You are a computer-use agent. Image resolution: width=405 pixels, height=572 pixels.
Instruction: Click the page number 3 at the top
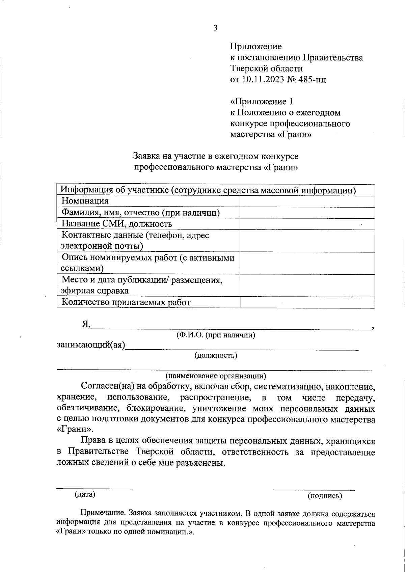215,28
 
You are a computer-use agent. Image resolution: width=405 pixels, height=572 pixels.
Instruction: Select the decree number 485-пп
312,80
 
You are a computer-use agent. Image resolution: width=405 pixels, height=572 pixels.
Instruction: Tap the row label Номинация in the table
85,201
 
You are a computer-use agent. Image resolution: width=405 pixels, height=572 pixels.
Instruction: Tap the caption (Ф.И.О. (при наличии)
216,335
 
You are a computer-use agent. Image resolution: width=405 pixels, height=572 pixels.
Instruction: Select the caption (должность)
216,355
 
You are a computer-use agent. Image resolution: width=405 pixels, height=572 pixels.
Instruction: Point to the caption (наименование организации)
216,375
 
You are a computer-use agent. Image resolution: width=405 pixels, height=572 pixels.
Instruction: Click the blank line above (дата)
94,487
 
